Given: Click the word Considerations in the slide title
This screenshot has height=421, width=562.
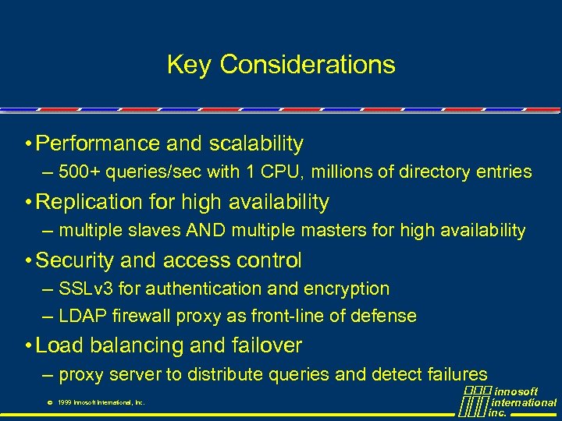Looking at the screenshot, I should pos(308,65).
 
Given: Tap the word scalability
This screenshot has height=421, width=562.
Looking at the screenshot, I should pos(256,143).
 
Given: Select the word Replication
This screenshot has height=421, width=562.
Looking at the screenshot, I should pos(87,202).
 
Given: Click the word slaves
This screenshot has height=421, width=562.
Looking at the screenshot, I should pos(146,230).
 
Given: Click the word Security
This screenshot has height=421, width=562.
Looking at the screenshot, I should pos(71,260).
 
